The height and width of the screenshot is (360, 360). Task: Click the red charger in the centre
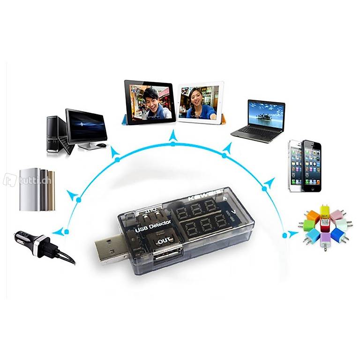point(325,226)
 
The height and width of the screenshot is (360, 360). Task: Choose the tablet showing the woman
point(201,102)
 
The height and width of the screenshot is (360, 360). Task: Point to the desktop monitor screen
point(86,126)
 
